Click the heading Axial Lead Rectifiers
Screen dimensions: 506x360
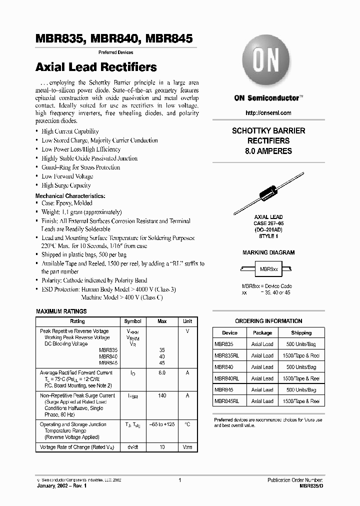[x=96, y=67]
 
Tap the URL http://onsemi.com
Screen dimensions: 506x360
[x=268, y=113]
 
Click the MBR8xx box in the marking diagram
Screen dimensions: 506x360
[x=268, y=268]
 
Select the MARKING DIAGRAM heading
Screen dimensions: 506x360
[x=268, y=252]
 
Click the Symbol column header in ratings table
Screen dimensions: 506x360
[x=132, y=321]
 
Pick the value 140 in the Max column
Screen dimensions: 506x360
[x=162, y=395]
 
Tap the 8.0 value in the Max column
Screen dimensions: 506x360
[x=162, y=372]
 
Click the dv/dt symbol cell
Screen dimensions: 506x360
[x=132, y=446]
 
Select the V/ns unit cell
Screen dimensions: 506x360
[x=187, y=446]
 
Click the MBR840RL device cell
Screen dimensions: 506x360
[x=226, y=378]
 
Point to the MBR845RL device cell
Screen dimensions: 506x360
[x=226, y=401]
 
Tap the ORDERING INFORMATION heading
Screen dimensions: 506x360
[x=268, y=321]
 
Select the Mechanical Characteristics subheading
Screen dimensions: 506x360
[x=70, y=196]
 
